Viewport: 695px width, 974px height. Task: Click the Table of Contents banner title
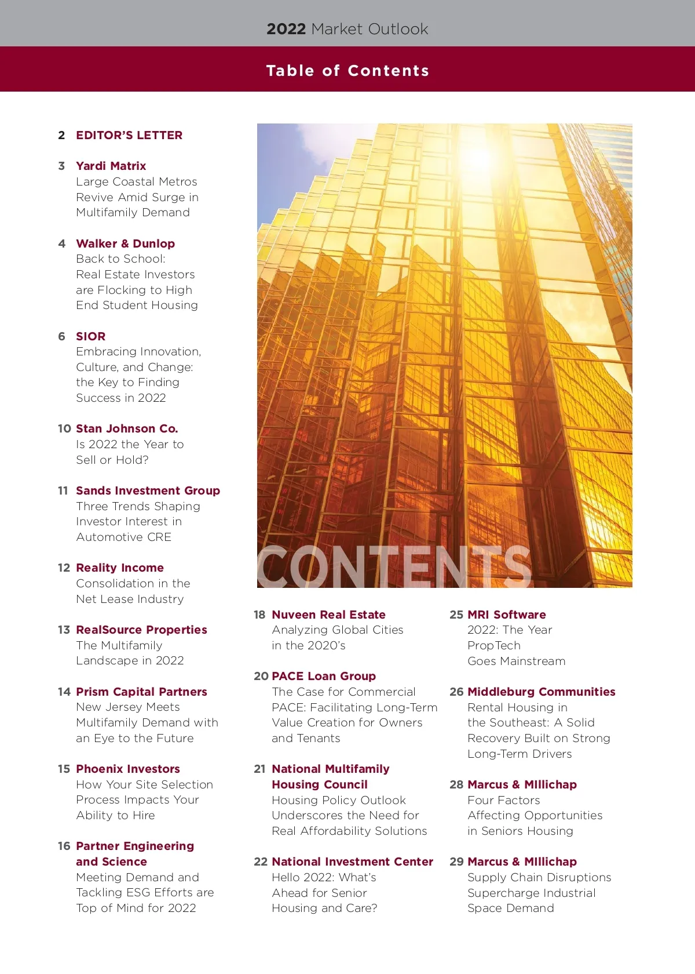[x=348, y=71]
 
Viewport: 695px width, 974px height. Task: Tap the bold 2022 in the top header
[x=286, y=29]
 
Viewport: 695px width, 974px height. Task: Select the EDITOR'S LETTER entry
[x=129, y=135]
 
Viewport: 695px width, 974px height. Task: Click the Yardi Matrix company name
[x=111, y=166]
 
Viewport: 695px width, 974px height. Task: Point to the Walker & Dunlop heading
[x=125, y=244]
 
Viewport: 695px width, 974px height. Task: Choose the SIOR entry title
[x=91, y=336]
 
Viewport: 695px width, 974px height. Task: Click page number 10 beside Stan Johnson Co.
[x=64, y=428]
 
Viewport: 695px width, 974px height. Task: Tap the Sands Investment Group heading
[x=148, y=490]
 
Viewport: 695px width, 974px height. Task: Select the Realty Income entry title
[x=120, y=568]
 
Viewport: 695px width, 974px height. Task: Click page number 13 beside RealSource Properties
[x=64, y=630]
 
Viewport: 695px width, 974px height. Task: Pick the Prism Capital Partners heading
[x=141, y=692]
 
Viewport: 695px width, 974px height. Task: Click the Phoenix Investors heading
[x=128, y=769]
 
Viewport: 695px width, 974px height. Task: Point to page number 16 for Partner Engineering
[x=64, y=846]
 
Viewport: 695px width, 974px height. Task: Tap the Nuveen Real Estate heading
[x=328, y=615]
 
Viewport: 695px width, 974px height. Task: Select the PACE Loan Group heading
[x=324, y=676]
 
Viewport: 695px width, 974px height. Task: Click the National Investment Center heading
[x=352, y=862]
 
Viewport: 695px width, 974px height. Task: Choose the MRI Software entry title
[x=507, y=615]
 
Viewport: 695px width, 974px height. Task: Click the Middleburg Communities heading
[x=542, y=692]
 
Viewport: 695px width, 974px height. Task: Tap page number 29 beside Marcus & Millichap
[x=456, y=862]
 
